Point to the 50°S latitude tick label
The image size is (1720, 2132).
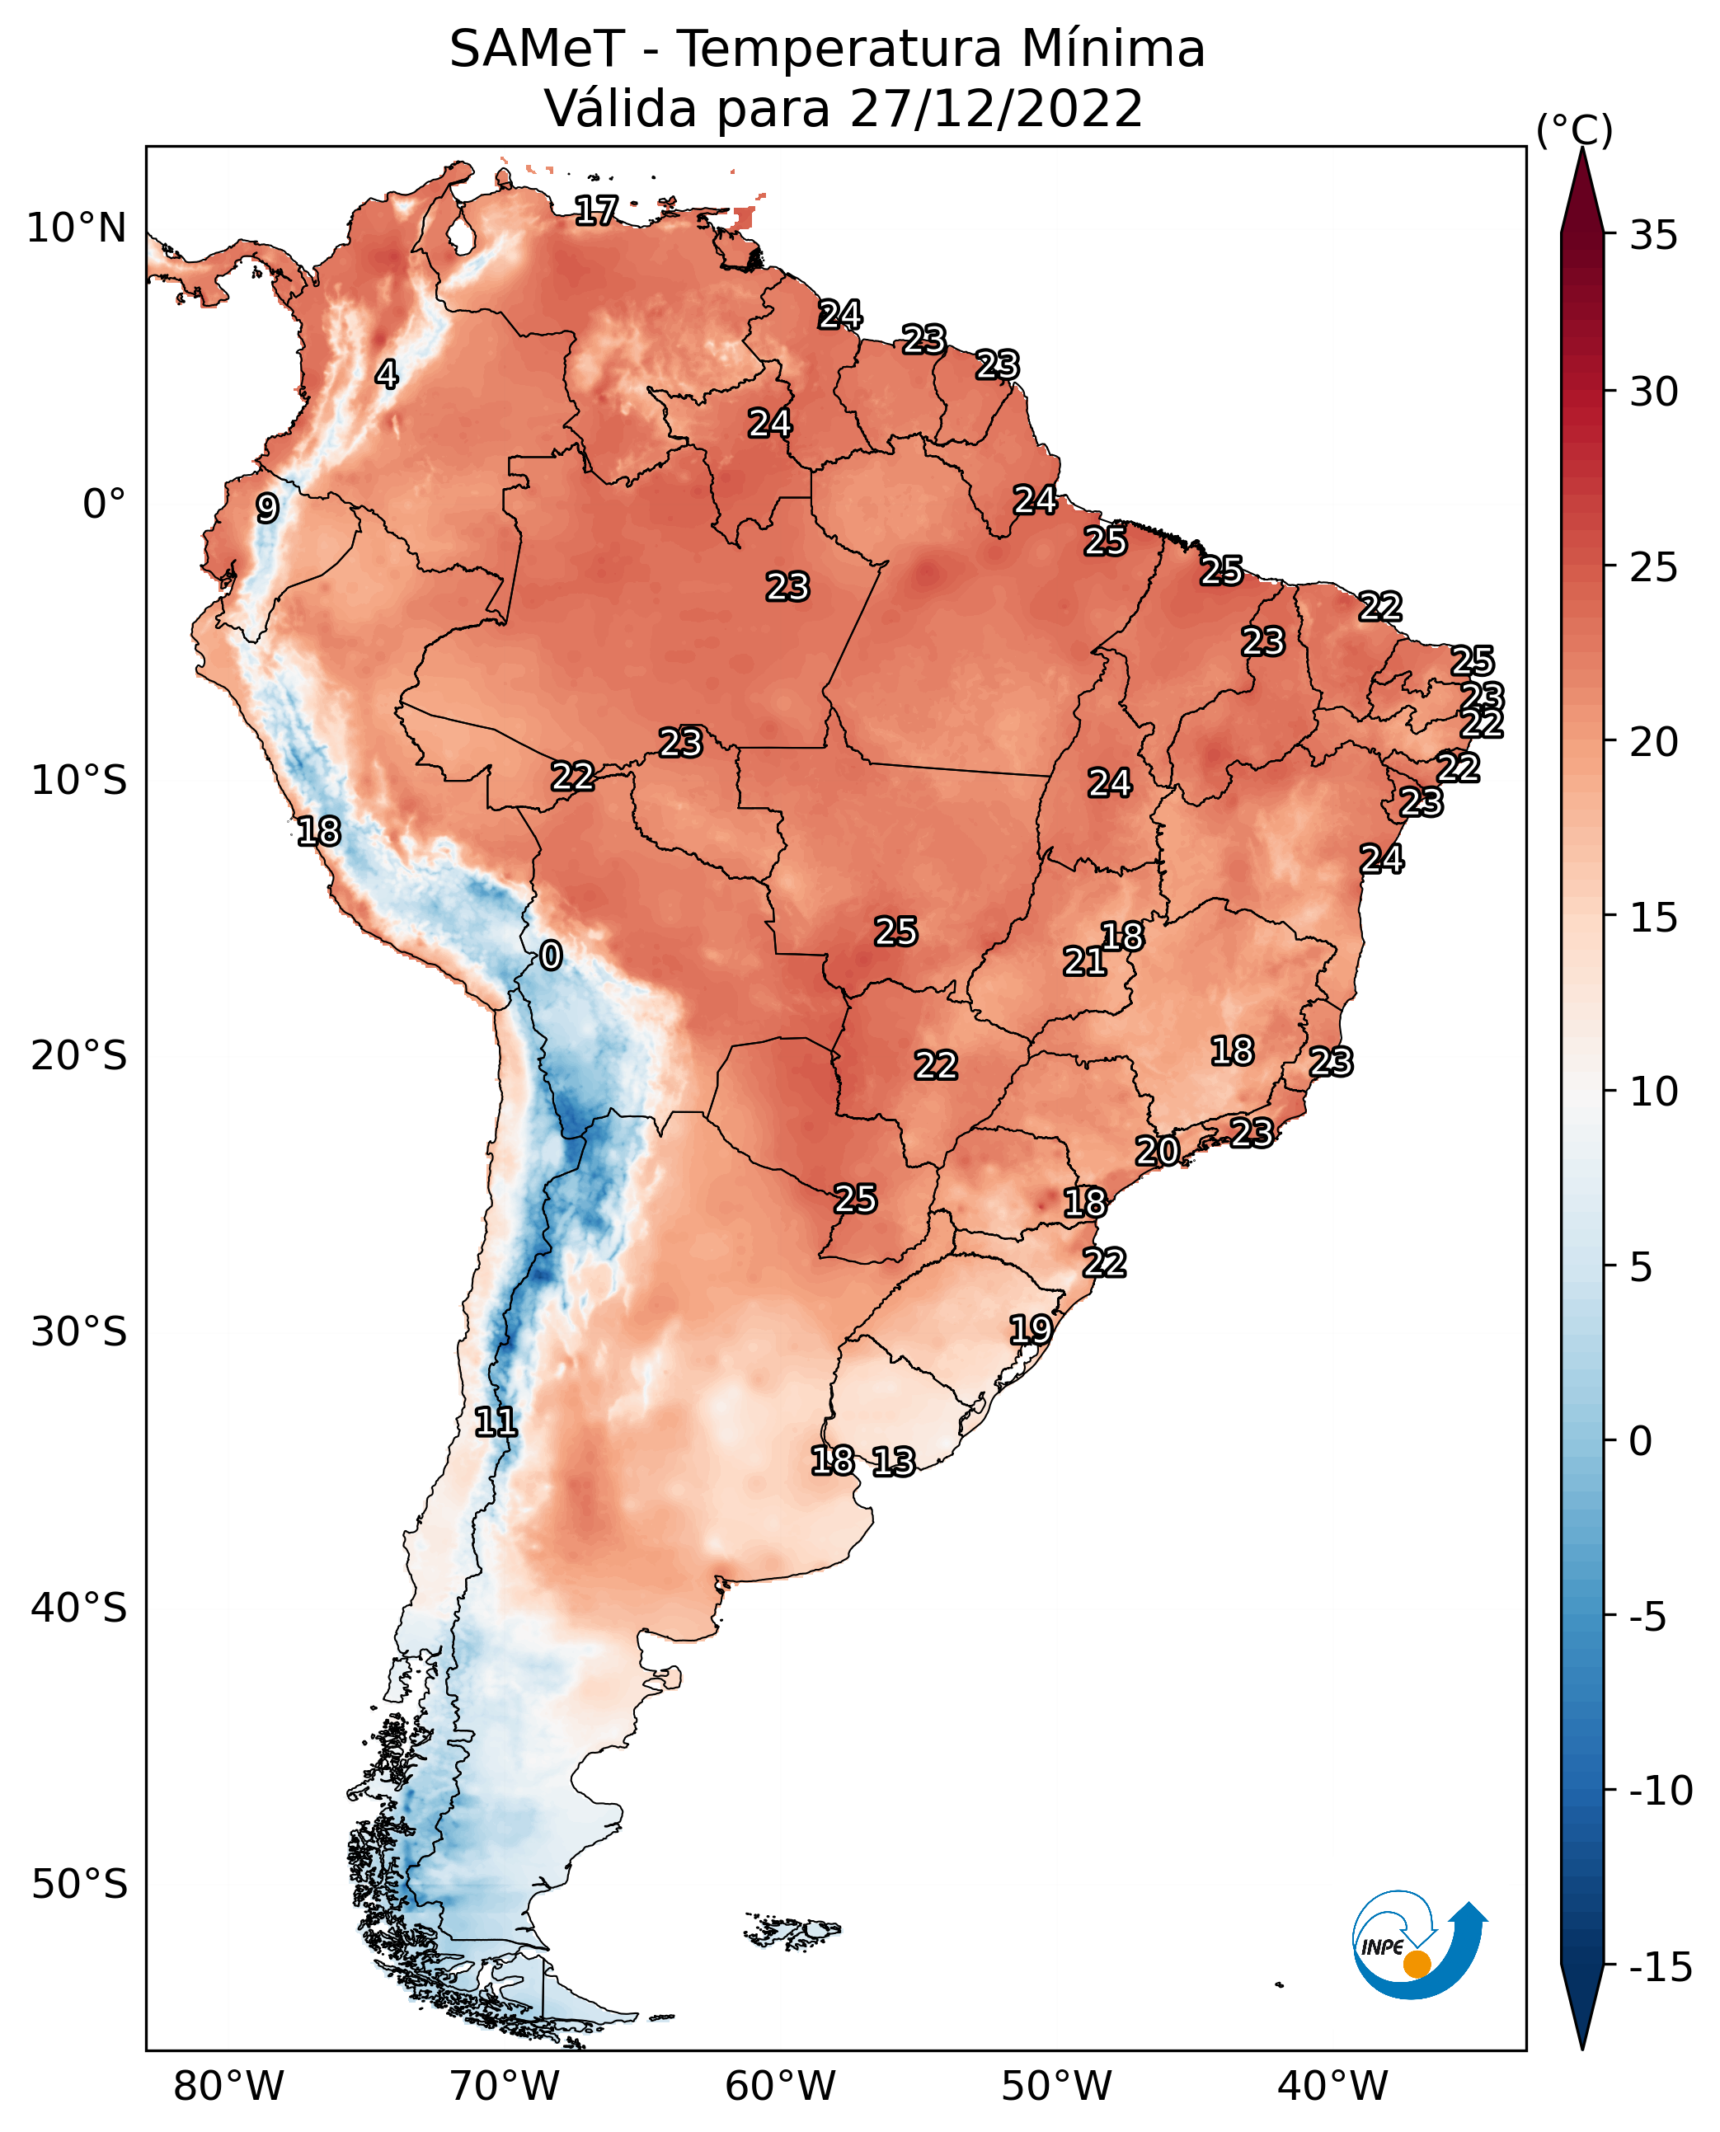coord(79,1883)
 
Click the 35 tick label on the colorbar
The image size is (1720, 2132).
coord(1653,236)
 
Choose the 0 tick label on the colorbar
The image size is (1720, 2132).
coord(1641,1441)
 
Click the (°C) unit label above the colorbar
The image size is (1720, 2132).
coord(1574,129)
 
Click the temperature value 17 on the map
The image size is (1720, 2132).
coord(596,210)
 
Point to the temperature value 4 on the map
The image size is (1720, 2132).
coord(387,374)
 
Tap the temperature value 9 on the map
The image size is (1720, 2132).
coord(266,508)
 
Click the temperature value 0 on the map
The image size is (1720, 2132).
coord(551,955)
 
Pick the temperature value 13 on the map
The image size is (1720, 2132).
coord(894,1461)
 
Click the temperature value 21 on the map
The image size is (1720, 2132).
coord(1085,961)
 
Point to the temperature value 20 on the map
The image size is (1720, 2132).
coord(1157,1151)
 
